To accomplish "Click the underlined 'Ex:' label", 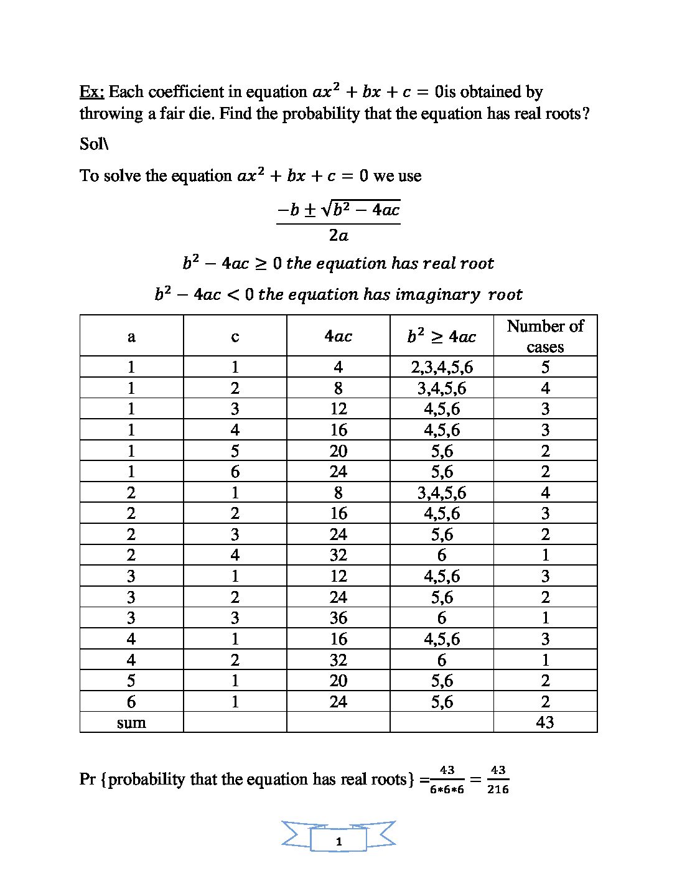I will (91, 92).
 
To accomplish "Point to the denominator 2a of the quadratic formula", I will (338, 236).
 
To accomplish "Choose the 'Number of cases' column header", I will (545, 336).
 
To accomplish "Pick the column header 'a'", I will (131, 337).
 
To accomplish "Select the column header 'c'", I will (235, 337).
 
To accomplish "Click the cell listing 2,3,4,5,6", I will (442, 367).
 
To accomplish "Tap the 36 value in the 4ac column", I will (338, 618).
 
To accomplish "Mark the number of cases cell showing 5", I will (545, 367).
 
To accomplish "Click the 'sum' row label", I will (131, 722).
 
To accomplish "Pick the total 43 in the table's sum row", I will (545, 722).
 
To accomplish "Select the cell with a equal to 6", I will (131, 702).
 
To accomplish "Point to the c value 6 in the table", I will (235, 472).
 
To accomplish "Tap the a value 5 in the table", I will (131, 681).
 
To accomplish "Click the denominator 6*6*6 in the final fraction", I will (447, 790).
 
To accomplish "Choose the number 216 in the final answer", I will (498, 790).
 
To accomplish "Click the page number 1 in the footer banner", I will (338, 842).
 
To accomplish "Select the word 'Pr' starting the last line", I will (87, 779).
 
